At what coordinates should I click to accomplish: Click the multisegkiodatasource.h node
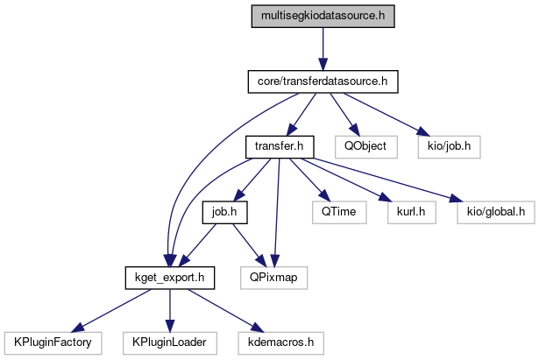tap(323, 17)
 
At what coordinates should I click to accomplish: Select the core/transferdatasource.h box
tap(323, 81)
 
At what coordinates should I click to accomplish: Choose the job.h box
tap(223, 211)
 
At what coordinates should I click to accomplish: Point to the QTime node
tap(332, 211)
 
